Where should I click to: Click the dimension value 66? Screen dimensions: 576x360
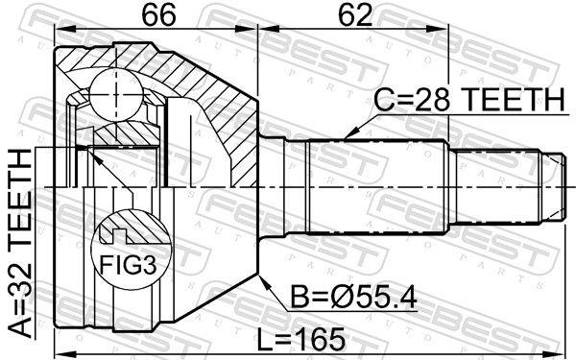click(x=159, y=15)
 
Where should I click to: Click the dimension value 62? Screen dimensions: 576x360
click(x=355, y=15)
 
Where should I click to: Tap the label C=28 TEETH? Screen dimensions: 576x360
click(x=468, y=100)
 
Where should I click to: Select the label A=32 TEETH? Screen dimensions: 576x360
click(x=21, y=243)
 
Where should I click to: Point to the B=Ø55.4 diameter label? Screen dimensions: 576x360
click(x=353, y=298)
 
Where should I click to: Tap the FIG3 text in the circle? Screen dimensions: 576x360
click(x=129, y=265)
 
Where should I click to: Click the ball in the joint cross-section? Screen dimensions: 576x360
click(x=116, y=94)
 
